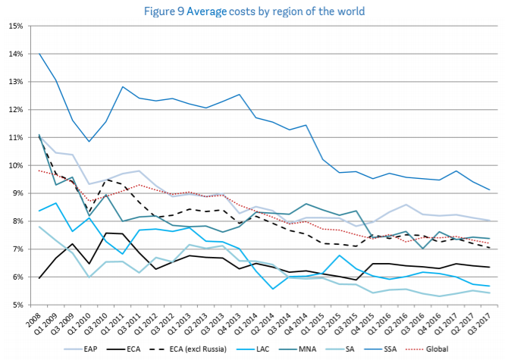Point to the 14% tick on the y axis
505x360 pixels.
pos(13,54)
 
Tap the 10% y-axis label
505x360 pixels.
pos(13,165)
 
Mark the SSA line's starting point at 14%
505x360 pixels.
pos(39,54)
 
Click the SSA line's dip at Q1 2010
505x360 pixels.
pos(89,142)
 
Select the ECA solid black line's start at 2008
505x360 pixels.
pos(39,278)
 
